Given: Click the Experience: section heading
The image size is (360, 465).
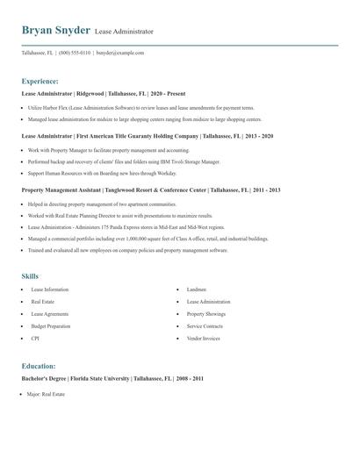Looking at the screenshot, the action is (x=41, y=80).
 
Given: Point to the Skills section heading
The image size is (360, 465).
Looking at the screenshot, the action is (x=32, y=275).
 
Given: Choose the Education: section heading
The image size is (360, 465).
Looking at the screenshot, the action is (x=40, y=365).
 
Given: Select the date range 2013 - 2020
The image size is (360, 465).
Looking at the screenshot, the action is (x=256, y=136).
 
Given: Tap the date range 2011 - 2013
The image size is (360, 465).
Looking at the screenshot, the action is (x=263, y=190).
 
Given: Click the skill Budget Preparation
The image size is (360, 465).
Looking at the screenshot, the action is (x=51, y=325).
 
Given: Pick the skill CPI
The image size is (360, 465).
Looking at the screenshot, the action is (x=35, y=338).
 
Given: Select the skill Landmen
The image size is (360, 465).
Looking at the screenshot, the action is (x=197, y=289).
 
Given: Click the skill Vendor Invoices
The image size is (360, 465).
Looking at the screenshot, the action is (x=205, y=338).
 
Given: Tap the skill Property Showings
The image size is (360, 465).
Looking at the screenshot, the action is (x=206, y=313).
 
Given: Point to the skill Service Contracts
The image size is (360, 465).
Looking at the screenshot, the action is (x=205, y=325).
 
